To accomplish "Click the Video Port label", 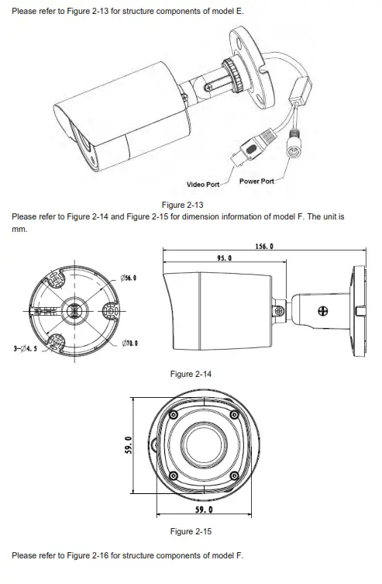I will point(203,185).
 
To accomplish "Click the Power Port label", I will point(257,180).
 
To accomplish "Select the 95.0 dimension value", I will point(225,257).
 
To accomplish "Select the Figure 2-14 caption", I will point(191,375).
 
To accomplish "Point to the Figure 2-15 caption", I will point(191,531).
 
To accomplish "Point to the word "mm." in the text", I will point(19,230).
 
